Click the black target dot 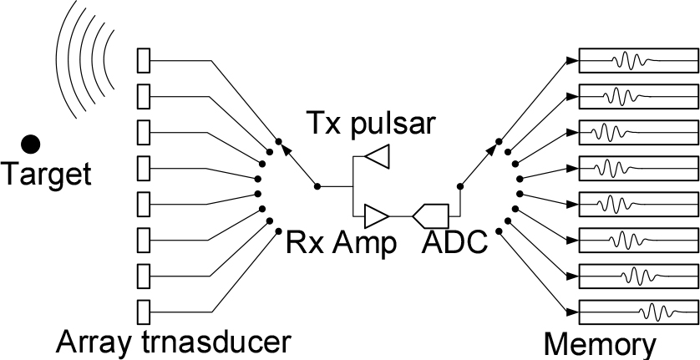pyautogui.click(x=32, y=144)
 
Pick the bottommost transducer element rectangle pyautogui.click(x=143, y=310)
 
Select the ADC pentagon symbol pyautogui.click(x=432, y=216)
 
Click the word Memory pyautogui.click(x=601, y=345)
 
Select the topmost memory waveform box pyautogui.click(x=639, y=60)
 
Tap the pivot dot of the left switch pyautogui.click(x=317, y=185)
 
